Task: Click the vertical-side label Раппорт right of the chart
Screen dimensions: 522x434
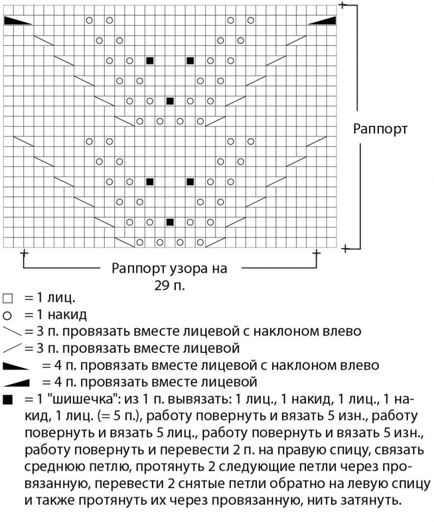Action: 381,129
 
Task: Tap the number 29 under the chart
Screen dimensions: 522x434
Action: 162,286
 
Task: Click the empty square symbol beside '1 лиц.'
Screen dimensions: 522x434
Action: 7,298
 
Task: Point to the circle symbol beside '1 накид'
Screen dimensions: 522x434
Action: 7,315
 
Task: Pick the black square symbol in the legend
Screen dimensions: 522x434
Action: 7,400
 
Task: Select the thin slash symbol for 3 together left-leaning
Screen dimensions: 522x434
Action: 11,332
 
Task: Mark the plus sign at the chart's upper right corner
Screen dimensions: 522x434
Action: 342,5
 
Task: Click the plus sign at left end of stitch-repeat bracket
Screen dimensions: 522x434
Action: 24,255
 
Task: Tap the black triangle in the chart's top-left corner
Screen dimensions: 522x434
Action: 17,21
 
